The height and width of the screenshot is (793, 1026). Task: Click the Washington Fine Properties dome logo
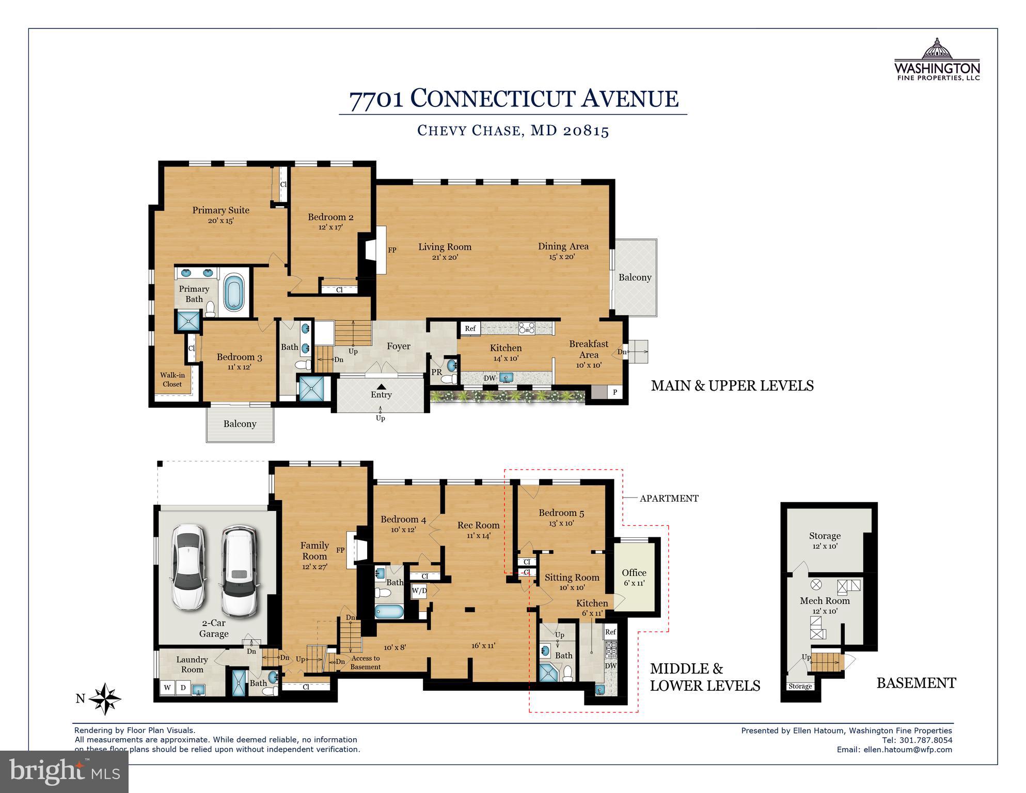[x=937, y=50]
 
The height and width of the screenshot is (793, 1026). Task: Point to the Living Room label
[x=445, y=247]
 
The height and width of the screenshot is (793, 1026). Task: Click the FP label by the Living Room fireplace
[x=392, y=250]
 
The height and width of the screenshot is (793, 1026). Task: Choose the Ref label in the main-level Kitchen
[x=470, y=329]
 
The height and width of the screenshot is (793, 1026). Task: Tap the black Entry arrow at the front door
[x=381, y=386]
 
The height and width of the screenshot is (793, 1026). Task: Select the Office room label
[x=634, y=572]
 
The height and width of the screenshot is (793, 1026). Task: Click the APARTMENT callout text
[x=669, y=499]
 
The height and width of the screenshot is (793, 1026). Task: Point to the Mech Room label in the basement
[x=824, y=601]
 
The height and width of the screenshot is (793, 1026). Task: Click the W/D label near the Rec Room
[x=419, y=590]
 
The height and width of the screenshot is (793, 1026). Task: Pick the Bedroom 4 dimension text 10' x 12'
[x=403, y=530]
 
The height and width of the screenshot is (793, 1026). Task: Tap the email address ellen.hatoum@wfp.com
[x=908, y=750]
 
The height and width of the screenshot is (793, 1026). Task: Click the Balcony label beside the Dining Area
[x=635, y=277]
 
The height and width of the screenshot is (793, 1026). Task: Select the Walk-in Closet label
[x=172, y=380]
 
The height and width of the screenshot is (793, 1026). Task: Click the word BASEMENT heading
[x=916, y=683]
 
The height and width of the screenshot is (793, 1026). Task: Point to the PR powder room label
[x=436, y=372]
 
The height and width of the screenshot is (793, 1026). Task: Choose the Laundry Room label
[x=192, y=664]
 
